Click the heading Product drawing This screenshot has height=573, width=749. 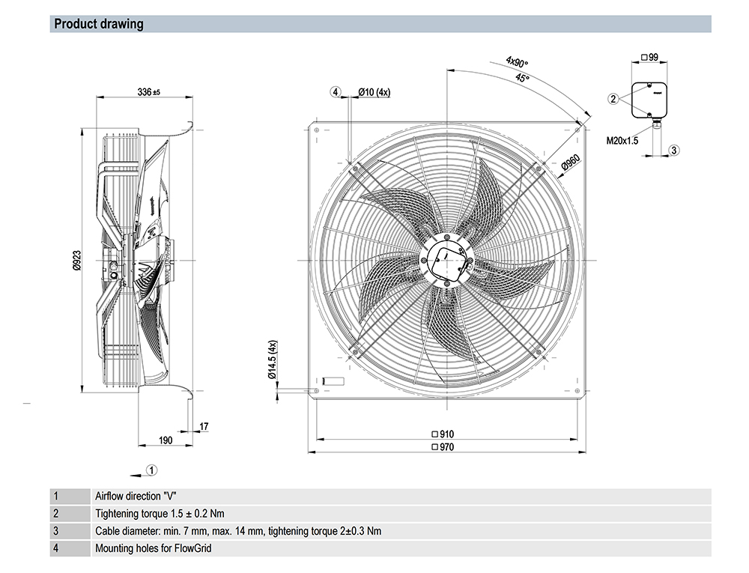point(99,24)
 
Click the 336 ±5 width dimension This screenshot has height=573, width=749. point(149,92)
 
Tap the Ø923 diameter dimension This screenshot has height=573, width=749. point(76,259)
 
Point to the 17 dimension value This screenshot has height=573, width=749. point(204,426)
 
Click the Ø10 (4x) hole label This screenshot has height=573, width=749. point(374,92)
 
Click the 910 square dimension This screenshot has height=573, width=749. point(443,434)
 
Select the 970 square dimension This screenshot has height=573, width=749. point(443,447)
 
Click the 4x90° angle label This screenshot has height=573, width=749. point(517,62)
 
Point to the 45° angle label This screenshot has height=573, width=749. point(522,78)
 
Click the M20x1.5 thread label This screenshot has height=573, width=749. point(622,140)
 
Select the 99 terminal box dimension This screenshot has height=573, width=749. point(650,57)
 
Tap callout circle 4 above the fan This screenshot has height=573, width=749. point(336,92)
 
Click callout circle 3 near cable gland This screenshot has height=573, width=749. point(673,151)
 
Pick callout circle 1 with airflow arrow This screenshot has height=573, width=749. point(151,470)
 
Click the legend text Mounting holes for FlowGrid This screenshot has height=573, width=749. point(154,548)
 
